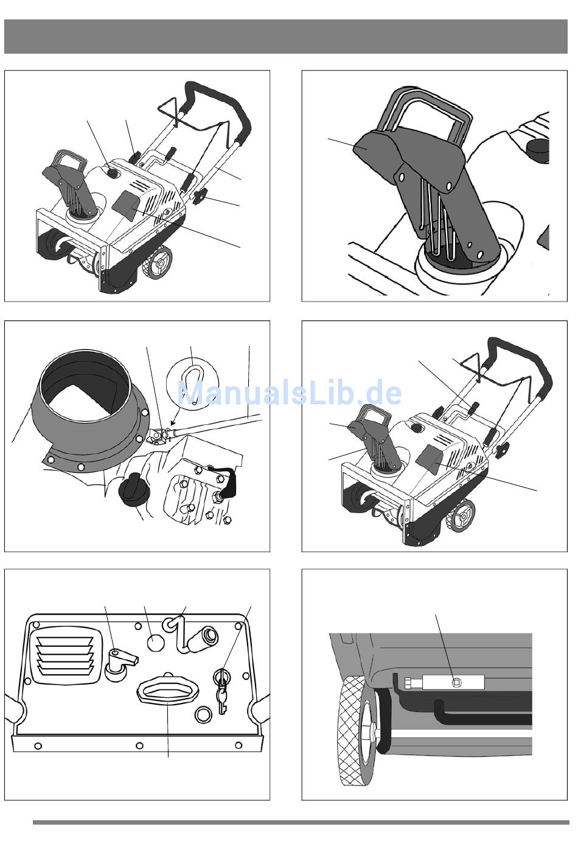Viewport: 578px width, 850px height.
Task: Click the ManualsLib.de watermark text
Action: tap(290, 393)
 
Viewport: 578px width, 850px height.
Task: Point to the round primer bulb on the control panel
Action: tap(156, 643)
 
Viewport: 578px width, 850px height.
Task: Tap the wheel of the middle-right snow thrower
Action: tap(462, 517)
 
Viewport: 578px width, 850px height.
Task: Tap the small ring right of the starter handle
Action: tap(204, 714)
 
